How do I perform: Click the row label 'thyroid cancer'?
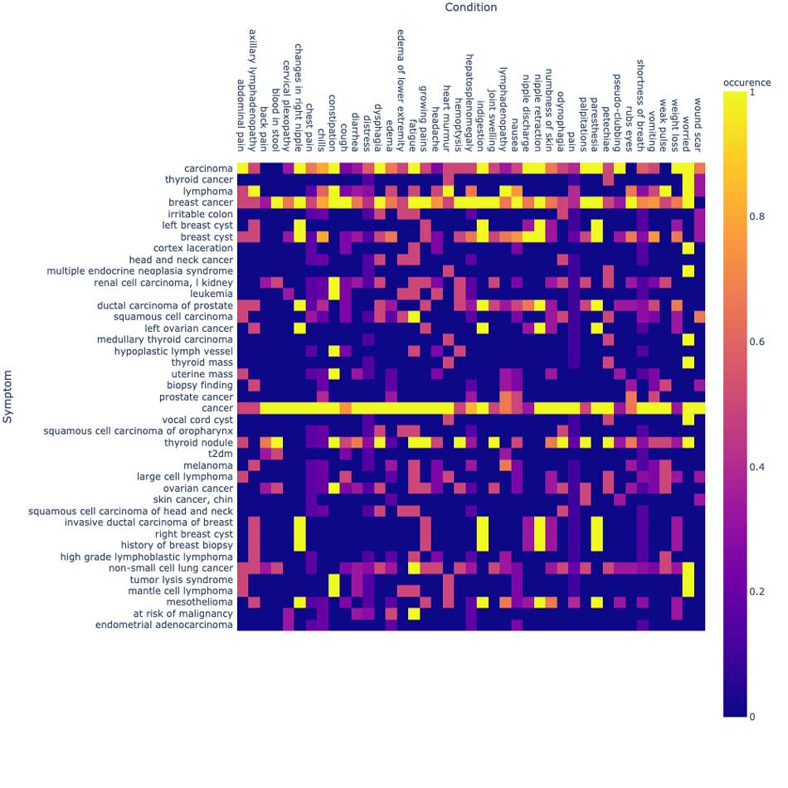click(198, 180)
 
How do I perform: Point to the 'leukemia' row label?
click(211, 294)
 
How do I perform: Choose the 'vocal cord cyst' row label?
click(197, 420)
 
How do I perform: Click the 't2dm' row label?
click(220, 454)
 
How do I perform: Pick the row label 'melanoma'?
click(207, 465)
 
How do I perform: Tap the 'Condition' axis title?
click(470, 7)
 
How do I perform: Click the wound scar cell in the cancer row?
click(699, 408)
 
